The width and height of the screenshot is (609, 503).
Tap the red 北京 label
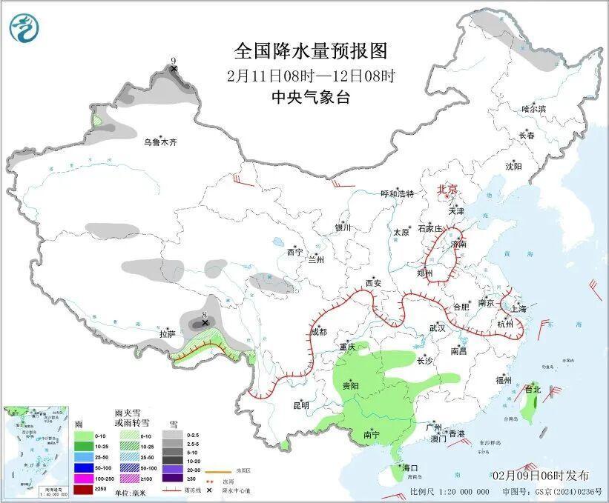448,189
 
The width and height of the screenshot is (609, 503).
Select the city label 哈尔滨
533,109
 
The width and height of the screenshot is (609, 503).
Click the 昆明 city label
300,405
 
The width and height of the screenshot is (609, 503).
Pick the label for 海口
410,468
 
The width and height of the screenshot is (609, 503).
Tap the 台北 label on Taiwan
533,388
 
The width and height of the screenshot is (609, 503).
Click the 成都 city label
318,333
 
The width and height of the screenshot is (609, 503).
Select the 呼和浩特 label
397,193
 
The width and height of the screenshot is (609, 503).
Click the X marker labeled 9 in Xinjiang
174,69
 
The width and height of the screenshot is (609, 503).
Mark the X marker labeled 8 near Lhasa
205,323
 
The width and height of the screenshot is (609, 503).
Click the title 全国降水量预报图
311,51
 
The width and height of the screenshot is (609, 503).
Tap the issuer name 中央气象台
310,97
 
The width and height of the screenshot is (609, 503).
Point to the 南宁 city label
372,436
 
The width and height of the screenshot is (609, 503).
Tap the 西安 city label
372,283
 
